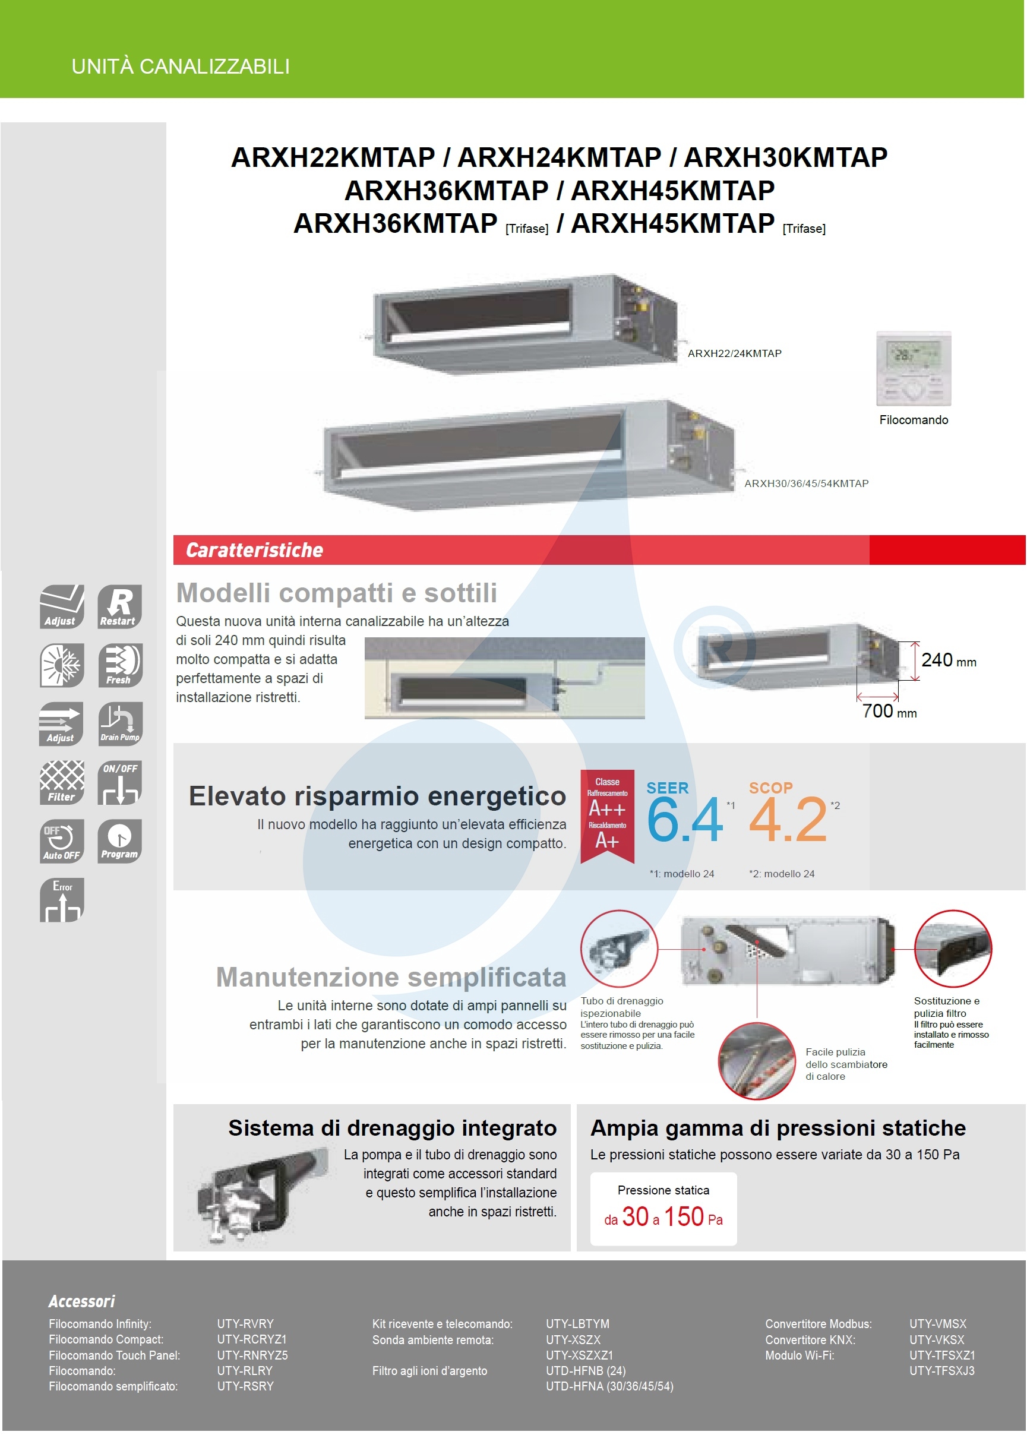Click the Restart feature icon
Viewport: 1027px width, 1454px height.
119,606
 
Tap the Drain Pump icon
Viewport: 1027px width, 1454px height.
119,723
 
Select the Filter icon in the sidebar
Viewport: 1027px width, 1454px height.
61,782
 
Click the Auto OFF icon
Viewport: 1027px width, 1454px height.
61,840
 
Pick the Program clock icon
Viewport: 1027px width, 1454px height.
119,840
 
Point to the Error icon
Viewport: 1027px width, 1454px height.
61,899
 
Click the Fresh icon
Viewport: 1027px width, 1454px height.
119,665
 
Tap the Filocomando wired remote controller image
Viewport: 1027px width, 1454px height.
913,369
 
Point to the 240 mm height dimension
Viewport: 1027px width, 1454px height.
948,660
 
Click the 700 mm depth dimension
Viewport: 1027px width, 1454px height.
889,711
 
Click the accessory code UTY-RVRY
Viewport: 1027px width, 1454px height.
245,1323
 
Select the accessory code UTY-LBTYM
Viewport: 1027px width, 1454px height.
577,1323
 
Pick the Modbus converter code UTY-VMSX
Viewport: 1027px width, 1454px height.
937,1323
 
